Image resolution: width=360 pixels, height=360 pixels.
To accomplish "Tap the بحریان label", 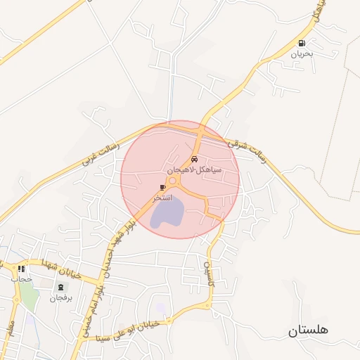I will [x=302, y=53].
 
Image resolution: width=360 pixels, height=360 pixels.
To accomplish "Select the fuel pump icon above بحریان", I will [x=302, y=43].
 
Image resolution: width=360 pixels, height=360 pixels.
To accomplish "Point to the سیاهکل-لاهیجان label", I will [x=195, y=170].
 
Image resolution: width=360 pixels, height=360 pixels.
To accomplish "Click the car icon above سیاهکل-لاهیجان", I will [x=195, y=160].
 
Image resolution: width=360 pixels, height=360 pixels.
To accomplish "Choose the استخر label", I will [x=163, y=198].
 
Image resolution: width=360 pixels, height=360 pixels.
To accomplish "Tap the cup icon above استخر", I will [x=163, y=187].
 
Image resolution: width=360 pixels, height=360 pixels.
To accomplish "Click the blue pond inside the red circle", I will [x=166, y=212].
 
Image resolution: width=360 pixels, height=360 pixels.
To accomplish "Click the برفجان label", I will [x=60, y=297].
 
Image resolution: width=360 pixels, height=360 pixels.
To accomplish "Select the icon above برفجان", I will [x=60, y=287].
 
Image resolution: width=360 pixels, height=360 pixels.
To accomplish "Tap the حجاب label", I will [x=22, y=279].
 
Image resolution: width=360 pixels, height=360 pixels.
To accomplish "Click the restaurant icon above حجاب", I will [x=22, y=269].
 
